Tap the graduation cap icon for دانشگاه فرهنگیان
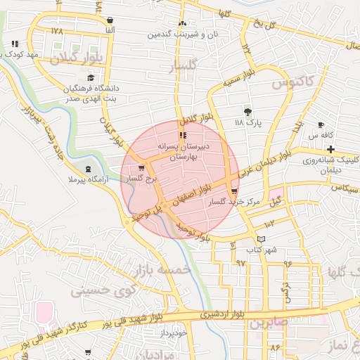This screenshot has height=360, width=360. tap(90, 78)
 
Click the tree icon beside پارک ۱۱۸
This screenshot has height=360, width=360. tap(247, 111)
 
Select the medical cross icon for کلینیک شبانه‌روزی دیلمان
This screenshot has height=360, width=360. tap(330, 149)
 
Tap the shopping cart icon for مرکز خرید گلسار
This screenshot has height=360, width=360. tap(234, 191)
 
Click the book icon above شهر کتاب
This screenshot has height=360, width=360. tap(262, 239)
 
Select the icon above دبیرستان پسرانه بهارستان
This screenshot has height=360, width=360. tap(183, 134)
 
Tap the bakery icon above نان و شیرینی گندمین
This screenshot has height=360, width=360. tap(182, 23)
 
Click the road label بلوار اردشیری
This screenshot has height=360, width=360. tap(222, 314)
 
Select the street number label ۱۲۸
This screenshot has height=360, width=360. tap(58, 32)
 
